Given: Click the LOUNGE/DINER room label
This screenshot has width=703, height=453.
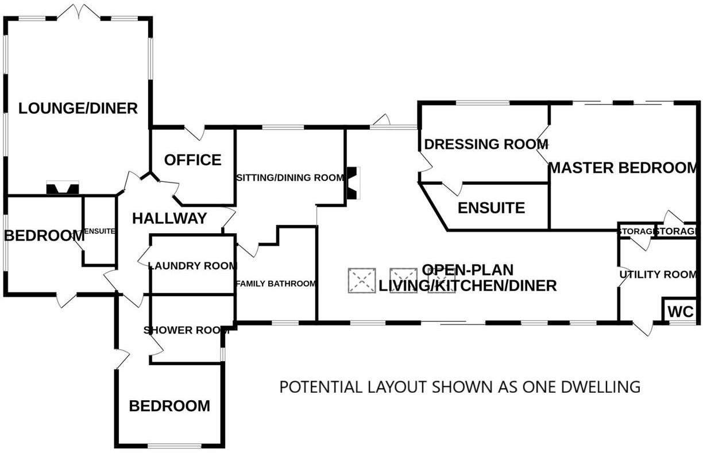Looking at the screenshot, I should point(78,108).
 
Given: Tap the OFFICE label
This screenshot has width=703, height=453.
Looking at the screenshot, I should point(192,160).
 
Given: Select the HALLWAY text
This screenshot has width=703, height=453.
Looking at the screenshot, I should point(169,218).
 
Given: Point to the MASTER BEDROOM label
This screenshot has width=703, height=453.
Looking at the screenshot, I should point(623,168).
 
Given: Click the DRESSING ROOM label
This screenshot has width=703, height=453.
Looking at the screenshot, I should point(485,144).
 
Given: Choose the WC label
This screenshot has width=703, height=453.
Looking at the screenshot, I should point(681,313).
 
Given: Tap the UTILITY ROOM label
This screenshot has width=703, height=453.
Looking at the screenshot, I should point(658,274).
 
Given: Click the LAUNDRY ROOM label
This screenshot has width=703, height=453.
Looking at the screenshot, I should point(192,266).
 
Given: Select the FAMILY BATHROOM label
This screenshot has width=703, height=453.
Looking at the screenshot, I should point(276,284).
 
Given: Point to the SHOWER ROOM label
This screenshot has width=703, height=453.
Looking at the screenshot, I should point(187,330).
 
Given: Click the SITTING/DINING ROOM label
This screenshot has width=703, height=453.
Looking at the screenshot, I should point(290,178).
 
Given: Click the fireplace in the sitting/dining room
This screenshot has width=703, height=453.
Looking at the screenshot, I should point(352,183).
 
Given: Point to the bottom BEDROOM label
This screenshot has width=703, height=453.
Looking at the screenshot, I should point(169,406).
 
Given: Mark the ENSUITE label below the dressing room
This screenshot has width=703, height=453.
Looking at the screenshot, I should point(491,208).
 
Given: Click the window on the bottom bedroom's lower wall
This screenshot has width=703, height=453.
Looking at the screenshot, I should point(169,446).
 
